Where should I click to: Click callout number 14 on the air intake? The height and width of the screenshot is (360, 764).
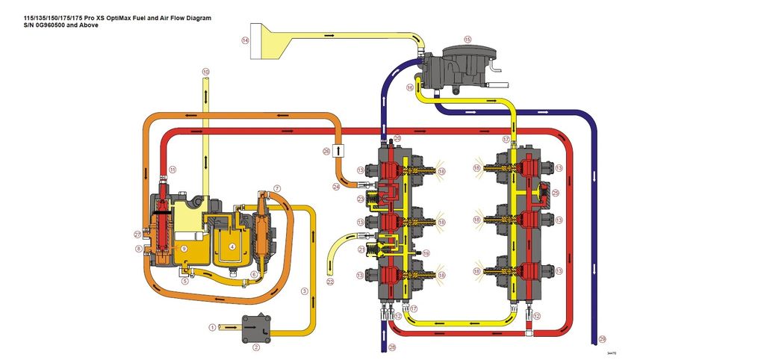point(245,40)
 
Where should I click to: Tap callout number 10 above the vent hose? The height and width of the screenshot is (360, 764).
point(205,72)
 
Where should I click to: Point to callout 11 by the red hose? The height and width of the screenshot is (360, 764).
point(173,170)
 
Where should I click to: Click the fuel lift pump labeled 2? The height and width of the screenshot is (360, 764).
point(254,328)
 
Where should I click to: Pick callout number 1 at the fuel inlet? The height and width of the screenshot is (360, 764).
point(212,326)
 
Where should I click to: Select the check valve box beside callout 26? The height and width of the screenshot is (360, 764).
point(338,150)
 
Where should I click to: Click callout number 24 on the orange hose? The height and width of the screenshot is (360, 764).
point(336,186)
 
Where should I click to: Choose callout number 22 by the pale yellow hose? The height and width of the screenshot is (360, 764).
point(330,282)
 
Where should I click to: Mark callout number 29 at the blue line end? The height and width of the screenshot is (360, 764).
point(602,338)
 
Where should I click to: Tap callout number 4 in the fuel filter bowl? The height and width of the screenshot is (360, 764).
point(232,246)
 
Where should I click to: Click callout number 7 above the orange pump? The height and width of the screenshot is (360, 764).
point(277,187)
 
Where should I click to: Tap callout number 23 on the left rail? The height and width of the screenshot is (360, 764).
point(360,199)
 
